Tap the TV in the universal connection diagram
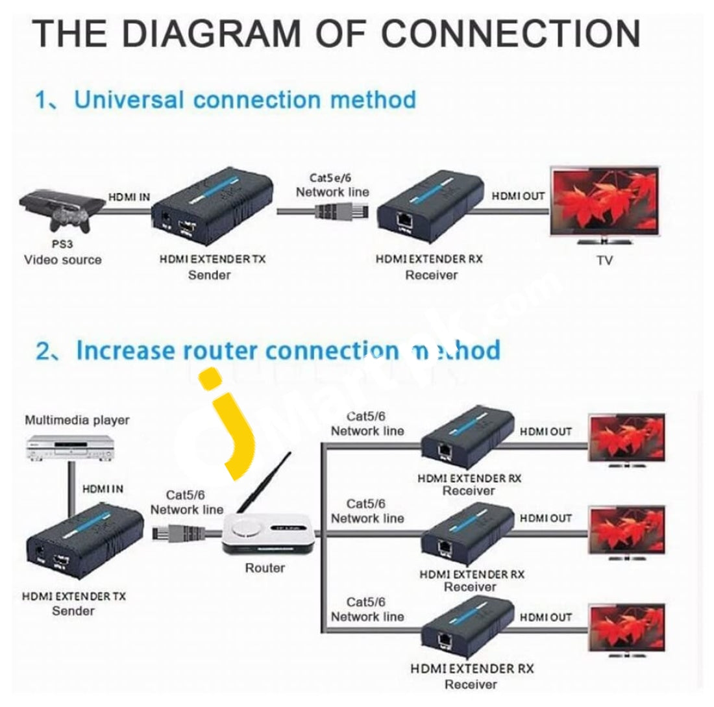coord(604,202)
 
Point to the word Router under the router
coord(265,568)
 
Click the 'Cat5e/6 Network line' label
coord(332,184)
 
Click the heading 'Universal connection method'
coord(244,100)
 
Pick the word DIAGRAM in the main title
coord(209,33)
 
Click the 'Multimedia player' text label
coord(77,420)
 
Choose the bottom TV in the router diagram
coord(626,629)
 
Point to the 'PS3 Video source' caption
coord(63,253)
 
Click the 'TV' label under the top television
coord(604,260)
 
